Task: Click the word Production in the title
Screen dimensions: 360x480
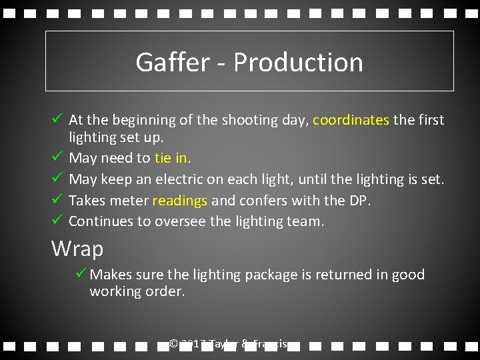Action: click(x=298, y=62)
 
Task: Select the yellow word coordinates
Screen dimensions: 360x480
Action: click(x=351, y=120)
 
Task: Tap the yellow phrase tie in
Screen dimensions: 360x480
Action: click(x=171, y=158)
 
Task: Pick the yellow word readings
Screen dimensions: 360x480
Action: click(x=180, y=201)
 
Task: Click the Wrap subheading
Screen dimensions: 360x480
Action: click(x=77, y=249)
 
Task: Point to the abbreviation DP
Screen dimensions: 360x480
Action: click(x=357, y=201)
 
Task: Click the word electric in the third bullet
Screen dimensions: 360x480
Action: click(x=181, y=179)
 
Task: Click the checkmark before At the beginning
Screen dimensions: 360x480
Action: click(x=57, y=119)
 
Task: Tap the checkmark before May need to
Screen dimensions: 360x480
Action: click(x=57, y=157)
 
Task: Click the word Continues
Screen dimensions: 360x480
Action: click(x=101, y=221)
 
